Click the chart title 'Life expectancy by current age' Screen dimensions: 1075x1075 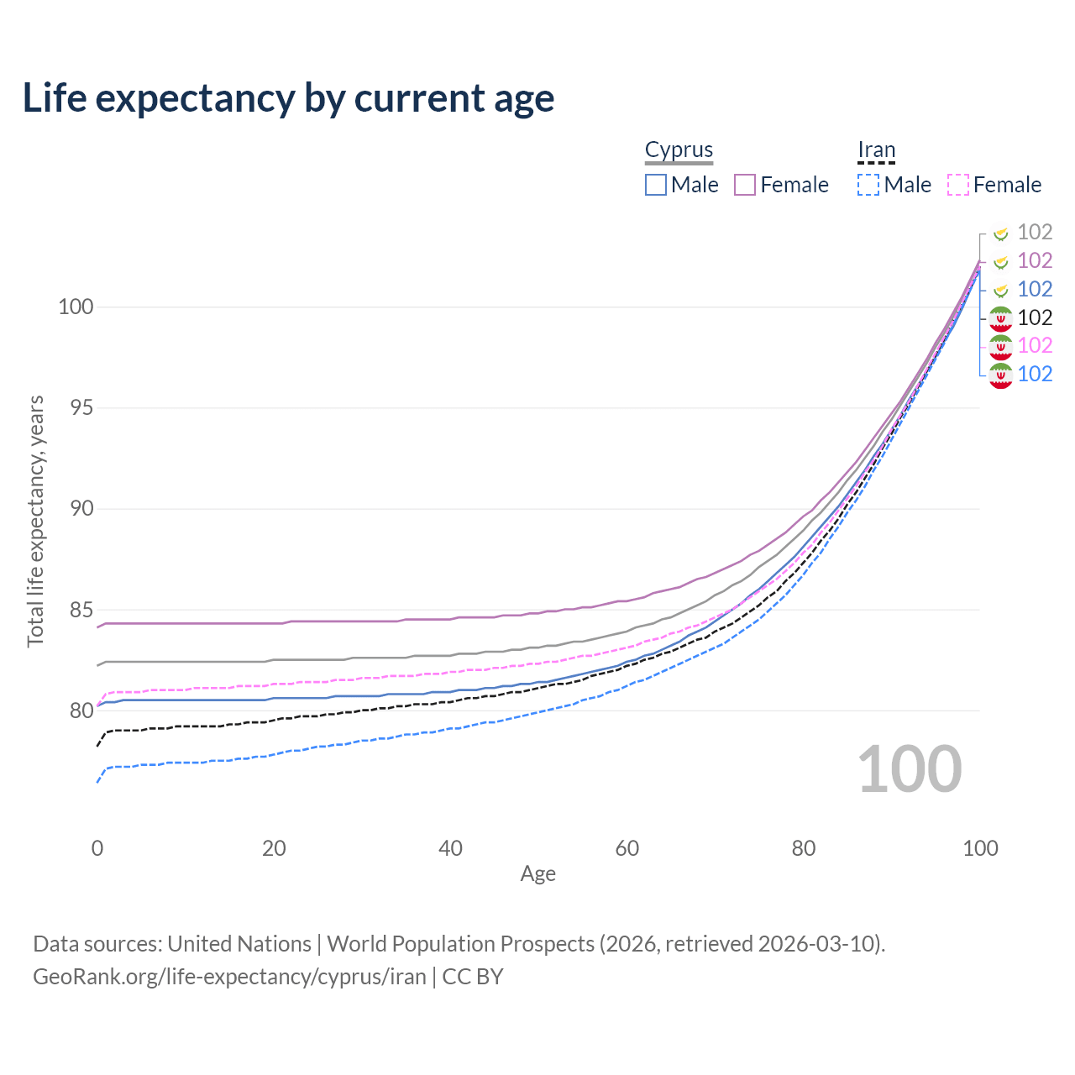pyautogui.click(x=288, y=98)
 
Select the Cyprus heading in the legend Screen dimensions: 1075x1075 pyautogui.click(x=679, y=149)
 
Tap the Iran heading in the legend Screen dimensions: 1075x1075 pyautogui.click(x=876, y=149)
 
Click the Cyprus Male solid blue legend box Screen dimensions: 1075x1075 pyautogui.click(x=656, y=185)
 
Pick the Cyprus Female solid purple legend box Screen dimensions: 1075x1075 pyautogui.click(x=745, y=185)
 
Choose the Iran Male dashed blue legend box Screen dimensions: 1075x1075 pyautogui.click(x=868, y=185)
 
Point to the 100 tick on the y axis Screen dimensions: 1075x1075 pyautogui.click(x=76, y=307)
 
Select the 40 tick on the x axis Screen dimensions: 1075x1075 pyautogui.click(x=450, y=848)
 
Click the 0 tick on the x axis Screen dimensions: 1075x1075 pyautogui.click(x=97, y=848)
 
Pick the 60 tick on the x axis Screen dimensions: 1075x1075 pyautogui.click(x=627, y=848)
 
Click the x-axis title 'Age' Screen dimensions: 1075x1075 pyautogui.click(x=537, y=874)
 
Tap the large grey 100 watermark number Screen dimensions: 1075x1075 pyautogui.click(x=910, y=769)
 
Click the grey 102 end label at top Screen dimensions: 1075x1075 pyautogui.click(x=1035, y=232)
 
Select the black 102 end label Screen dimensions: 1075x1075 pyautogui.click(x=1035, y=317)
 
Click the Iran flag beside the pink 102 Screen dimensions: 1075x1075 pyautogui.click(x=1000, y=346)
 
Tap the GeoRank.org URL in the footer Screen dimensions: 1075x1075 pyautogui.click(x=229, y=977)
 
